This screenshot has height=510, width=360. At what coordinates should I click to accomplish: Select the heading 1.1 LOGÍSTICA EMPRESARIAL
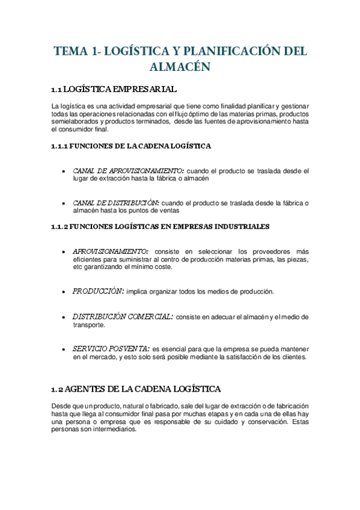click(114, 90)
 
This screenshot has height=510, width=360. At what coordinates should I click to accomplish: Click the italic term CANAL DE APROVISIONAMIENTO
click(128, 171)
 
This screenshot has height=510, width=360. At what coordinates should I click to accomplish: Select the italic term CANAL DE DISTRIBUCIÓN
click(115, 203)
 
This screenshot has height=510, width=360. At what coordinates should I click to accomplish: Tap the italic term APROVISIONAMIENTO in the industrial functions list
click(110, 251)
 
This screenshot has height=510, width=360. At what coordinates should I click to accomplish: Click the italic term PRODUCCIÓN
click(98, 291)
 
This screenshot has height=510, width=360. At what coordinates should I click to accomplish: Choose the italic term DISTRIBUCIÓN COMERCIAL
click(123, 316)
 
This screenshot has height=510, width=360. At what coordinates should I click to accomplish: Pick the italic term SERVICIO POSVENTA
click(111, 348)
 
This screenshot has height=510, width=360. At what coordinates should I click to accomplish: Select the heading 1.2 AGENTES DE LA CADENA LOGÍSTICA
click(136, 388)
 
